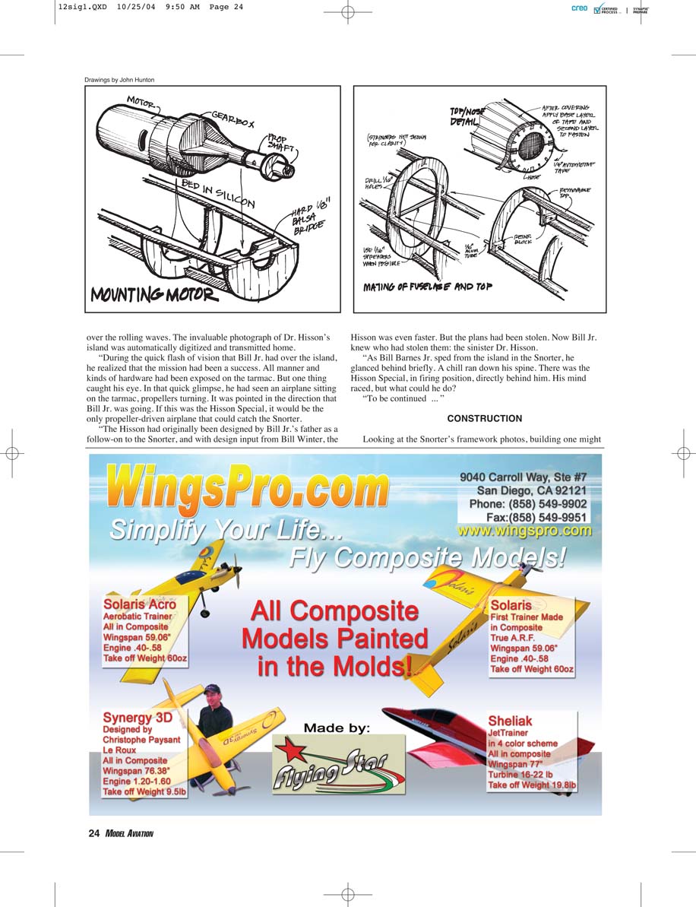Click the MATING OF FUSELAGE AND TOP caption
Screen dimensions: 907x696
429,287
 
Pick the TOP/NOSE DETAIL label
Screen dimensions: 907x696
467,116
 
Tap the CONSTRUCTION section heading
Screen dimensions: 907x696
484,419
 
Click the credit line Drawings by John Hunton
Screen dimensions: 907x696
119,80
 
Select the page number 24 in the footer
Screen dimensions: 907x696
94,833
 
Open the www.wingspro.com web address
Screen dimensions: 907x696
524,531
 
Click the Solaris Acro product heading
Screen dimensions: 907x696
139,604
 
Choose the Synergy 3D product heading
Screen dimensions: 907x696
138,717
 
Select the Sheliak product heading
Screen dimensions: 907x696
510,721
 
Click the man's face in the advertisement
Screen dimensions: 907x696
214,696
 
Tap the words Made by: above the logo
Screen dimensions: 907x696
337,728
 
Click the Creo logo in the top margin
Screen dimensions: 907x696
579,8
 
